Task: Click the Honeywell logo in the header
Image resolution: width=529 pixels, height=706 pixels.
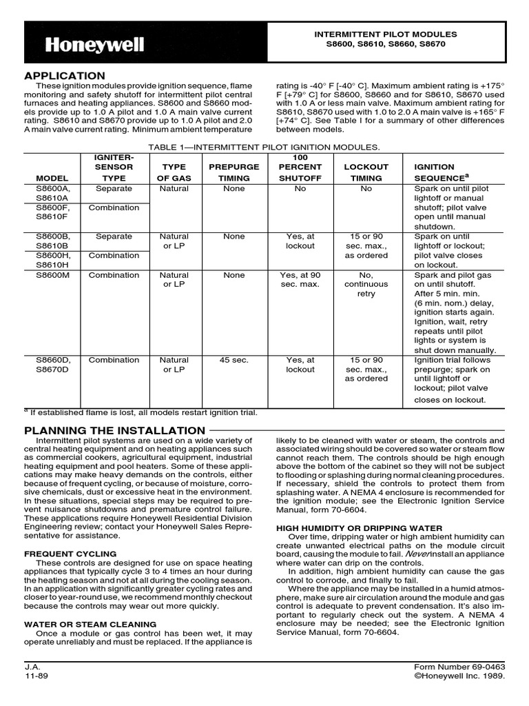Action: click(95, 46)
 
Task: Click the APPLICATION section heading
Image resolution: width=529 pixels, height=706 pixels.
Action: click(65, 75)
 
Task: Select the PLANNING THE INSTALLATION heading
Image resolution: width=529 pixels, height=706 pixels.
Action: click(114, 430)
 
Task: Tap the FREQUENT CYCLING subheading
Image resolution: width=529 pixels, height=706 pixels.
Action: click(70, 554)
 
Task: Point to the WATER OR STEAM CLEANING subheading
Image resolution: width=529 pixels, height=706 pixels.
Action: click(90, 624)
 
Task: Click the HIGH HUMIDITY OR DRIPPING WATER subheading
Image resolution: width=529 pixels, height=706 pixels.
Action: click(359, 527)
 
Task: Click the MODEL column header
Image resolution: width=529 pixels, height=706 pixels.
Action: click(52, 178)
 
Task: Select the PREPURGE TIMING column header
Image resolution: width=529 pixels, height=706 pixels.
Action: click(234, 172)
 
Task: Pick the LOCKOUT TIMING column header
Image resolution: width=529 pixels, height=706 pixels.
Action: click(366, 172)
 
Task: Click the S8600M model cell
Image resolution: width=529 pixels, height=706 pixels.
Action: click(53, 275)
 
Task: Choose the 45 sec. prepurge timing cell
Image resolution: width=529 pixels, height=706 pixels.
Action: click(234, 360)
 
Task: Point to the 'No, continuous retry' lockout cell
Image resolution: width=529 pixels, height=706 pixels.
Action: click(366, 285)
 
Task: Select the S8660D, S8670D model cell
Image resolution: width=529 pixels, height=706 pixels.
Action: click(52, 365)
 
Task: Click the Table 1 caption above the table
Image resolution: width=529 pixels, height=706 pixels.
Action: click(264, 148)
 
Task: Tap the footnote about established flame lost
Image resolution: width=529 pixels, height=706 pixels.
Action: click(141, 412)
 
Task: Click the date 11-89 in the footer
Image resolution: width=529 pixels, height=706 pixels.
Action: click(35, 676)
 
